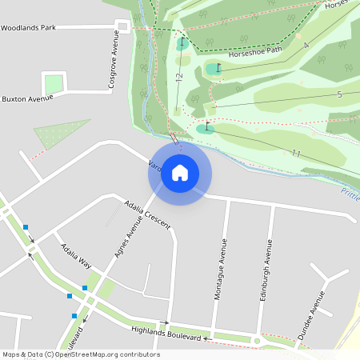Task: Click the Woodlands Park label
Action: click(28, 28)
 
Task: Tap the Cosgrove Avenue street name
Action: click(114, 59)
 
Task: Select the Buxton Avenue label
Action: click(27, 99)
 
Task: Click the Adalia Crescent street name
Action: click(148, 214)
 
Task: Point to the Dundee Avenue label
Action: click(311, 316)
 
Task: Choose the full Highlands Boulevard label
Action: click(166, 330)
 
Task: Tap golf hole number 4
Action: click(306, 45)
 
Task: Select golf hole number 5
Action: click(339, 94)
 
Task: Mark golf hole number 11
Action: click(295, 153)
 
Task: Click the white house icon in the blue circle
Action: click(180, 172)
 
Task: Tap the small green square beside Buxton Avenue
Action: click(54, 83)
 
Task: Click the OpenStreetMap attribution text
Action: click(81, 354)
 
